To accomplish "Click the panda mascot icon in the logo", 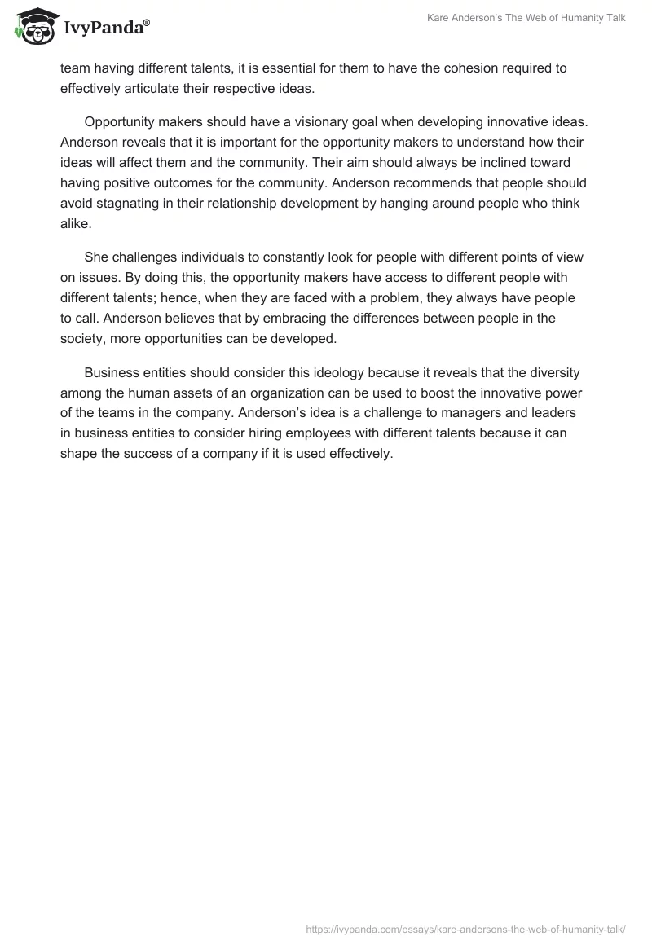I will point(33,27).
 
